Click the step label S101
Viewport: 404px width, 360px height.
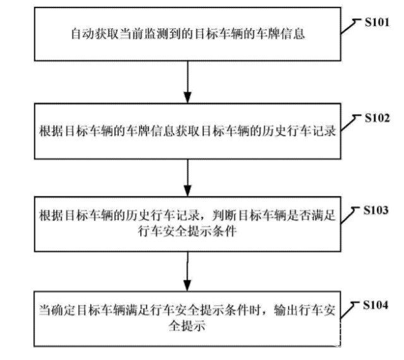click(x=377, y=23)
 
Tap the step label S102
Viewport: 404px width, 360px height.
click(x=377, y=118)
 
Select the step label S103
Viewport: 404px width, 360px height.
click(x=376, y=210)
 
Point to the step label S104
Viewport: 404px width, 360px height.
click(x=376, y=305)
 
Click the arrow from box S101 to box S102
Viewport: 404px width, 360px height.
click(x=188, y=82)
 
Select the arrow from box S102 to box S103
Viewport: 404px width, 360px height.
click(x=188, y=178)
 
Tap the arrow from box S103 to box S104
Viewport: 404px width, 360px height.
click(x=188, y=272)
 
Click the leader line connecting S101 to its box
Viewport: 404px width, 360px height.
click(x=350, y=26)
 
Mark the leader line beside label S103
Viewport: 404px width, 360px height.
click(x=349, y=214)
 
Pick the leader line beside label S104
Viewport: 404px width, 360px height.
click(x=349, y=310)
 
